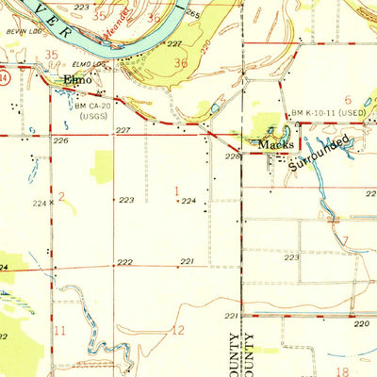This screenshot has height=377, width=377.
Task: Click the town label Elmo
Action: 75,81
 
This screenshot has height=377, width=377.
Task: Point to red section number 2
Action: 60,195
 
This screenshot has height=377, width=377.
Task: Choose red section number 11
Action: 60,330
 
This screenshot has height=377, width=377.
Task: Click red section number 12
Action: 179,330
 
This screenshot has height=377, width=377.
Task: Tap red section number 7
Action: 346,241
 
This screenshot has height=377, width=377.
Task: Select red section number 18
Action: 343,372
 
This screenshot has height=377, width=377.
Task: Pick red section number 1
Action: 177,191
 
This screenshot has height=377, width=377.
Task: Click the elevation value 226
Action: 61,140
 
